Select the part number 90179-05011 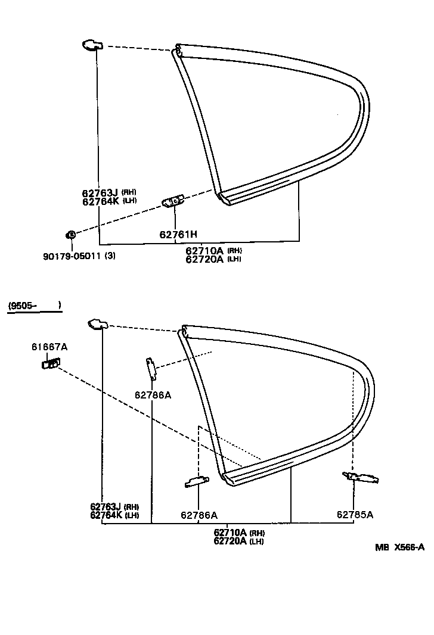(x=71, y=256)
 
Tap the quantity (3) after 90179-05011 (x=110, y=256)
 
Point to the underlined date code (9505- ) (x=35, y=306)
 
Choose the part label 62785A (x=355, y=515)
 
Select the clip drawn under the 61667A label (x=51, y=363)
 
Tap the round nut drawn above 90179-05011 (x=70, y=235)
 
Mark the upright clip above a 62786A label (x=151, y=368)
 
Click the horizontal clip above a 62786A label (x=197, y=481)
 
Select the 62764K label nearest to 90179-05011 (x=101, y=201)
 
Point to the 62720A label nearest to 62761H (x=204, y=259)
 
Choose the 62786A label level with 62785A (x=199, y=515)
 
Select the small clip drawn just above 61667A (x=97, y=324)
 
